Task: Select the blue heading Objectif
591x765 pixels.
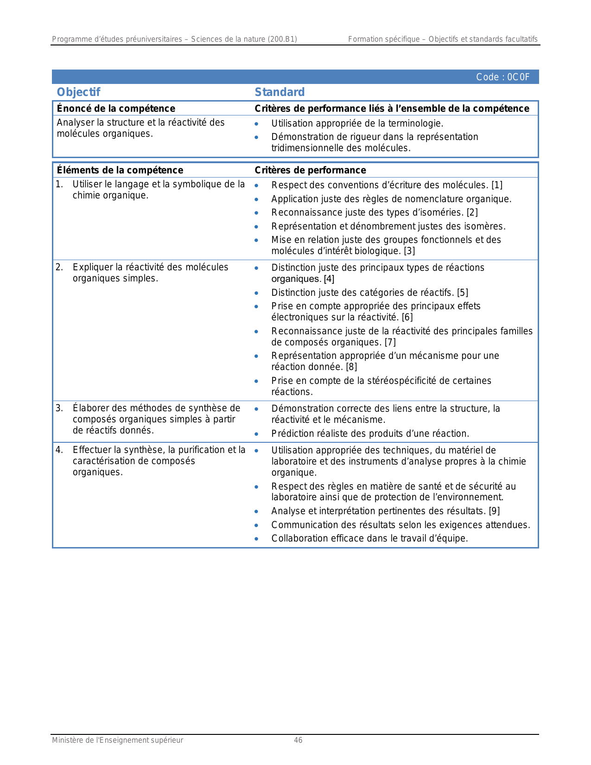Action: (x=78, y=92)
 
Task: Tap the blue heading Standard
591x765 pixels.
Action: (x=280, y=92)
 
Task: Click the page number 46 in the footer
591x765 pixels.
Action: (x=298, y=740)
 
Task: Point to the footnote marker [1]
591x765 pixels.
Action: (x=497, y=185)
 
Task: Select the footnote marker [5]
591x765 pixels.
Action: (x=463, y=293)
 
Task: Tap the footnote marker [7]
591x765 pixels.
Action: (x=390, y=343)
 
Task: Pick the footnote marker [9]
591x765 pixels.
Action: (x=494, y=511)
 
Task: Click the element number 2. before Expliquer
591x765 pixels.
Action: (x=59, y=268)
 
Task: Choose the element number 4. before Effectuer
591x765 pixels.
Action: (x=59, y=450)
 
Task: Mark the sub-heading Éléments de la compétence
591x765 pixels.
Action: (x=120, y=170)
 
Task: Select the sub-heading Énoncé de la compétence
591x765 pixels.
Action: (x=116, y=108)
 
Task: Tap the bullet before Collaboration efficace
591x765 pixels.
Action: (x=256, y=539)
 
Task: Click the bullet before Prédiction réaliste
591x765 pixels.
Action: (x=256, y=434)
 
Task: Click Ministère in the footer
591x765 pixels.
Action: (x=68, y=740)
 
